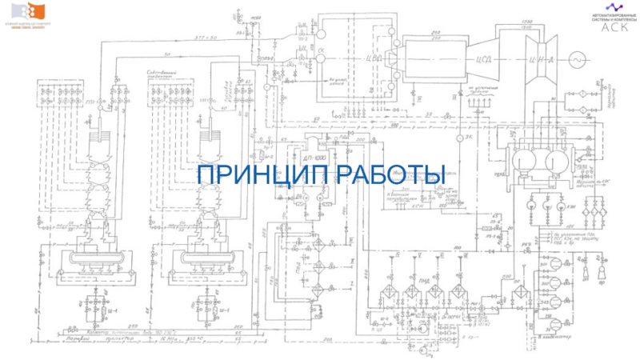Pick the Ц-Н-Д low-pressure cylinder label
(523, 58)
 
